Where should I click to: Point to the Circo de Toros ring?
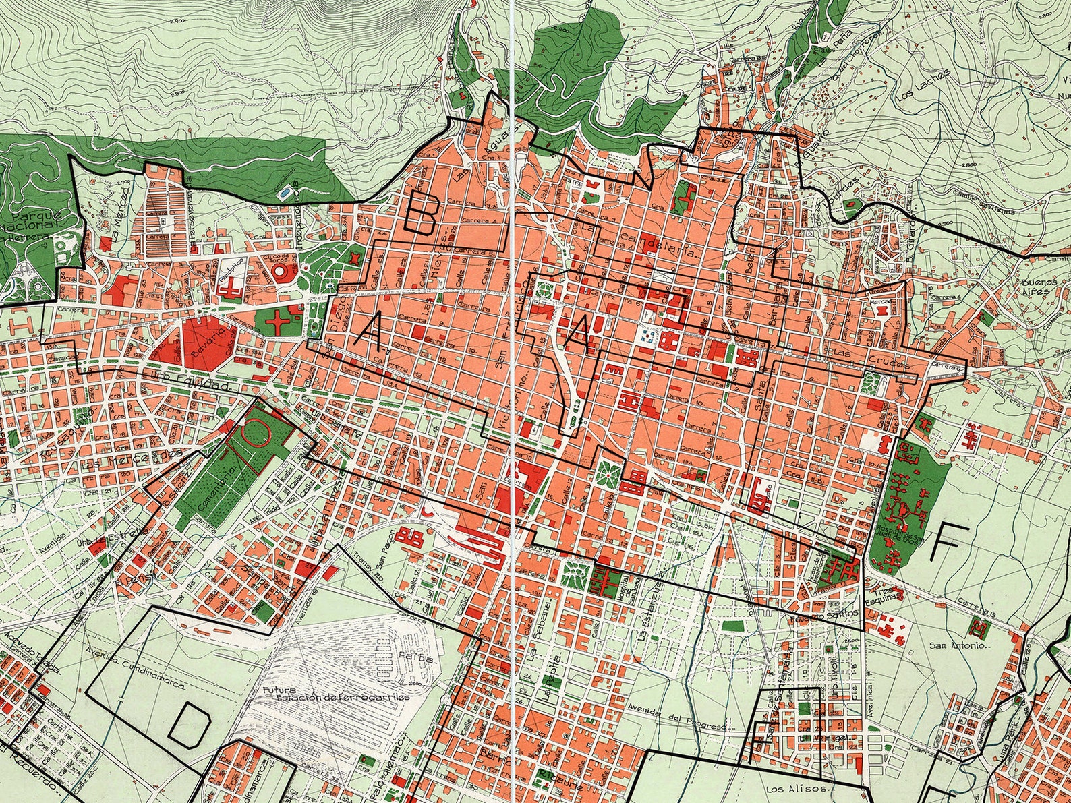[x=283, y=272]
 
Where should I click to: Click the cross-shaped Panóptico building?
[x=231, y=289]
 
